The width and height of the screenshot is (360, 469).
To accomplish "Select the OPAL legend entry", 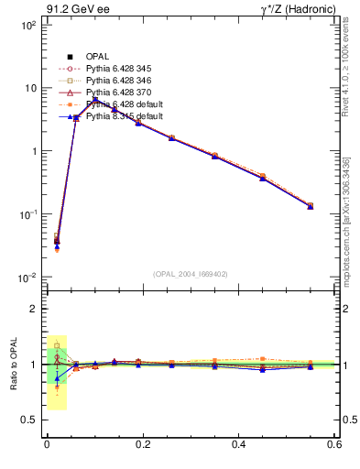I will (x=97, y=57).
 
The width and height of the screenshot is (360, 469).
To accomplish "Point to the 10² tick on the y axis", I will (x=27, y=26).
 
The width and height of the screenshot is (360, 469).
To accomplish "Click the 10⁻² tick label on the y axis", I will (x=27, y=278).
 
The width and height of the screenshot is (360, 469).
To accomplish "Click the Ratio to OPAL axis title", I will (x=14, y=365).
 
